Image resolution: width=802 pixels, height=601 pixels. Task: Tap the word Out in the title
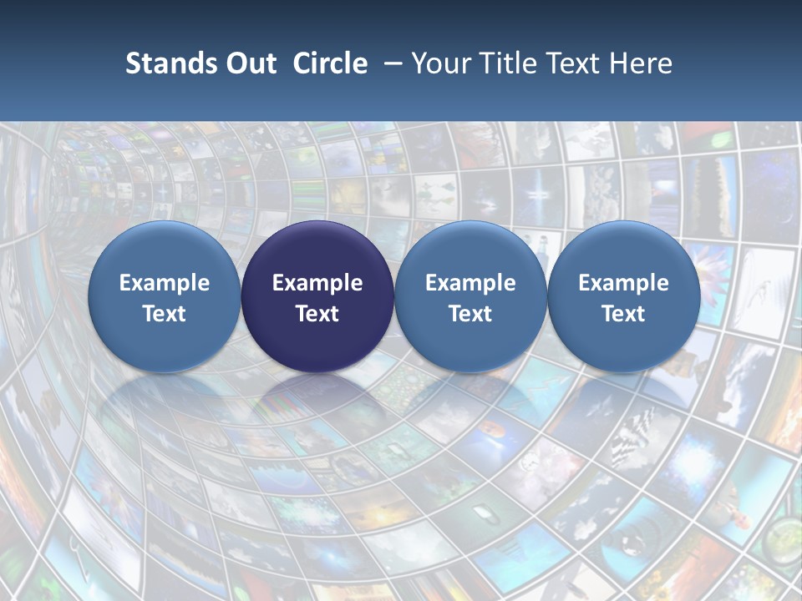click(248, 63)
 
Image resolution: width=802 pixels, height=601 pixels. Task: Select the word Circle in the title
click(330, 63)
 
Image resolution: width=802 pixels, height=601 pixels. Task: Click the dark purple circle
click(317, 296)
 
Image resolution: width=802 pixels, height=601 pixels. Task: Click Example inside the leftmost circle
click(165, 283)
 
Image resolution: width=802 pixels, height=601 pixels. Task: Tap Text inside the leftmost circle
click(165, 314)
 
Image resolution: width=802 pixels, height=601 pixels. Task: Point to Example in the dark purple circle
click(317, 283)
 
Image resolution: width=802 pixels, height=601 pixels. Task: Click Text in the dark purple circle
click(317, 314)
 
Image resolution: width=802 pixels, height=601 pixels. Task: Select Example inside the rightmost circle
click(623, 283)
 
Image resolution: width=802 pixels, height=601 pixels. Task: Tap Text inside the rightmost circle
click(623, 314)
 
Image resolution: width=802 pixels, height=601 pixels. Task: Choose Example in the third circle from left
click(470, 283)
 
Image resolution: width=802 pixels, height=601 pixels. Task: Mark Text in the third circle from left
click(470, 314)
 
